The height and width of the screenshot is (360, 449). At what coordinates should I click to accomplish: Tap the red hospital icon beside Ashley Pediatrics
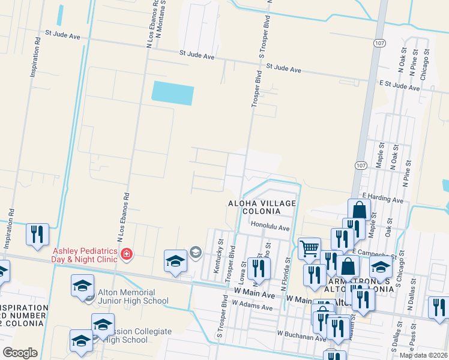tap(126, 254)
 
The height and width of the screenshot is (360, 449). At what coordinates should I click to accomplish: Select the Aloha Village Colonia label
tap(262, 208)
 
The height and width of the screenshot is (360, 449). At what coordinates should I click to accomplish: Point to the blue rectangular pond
tap(173, 94)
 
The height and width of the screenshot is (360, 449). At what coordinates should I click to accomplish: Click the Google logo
tap(20, 353)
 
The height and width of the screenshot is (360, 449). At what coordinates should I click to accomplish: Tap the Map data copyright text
tap(423, 355)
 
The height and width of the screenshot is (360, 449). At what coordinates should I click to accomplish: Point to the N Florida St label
tap(289, 259)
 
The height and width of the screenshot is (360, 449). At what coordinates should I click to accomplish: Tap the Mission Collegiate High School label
tap(136, 335)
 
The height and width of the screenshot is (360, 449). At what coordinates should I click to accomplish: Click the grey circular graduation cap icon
tap(195, 252)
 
